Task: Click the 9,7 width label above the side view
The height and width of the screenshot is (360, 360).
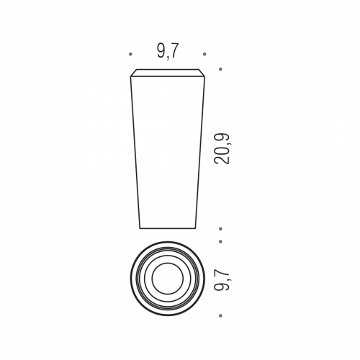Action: tap(168, 51)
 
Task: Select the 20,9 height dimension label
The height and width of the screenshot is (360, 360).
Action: tap(222, 149)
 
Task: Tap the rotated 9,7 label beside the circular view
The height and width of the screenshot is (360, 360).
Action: tap(222, 279)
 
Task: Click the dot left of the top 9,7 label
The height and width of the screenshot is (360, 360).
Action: tap(130, 54)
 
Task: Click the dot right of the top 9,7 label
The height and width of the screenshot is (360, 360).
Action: tap(204, 54)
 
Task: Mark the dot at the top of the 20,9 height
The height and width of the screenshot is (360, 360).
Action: tap(220, 69)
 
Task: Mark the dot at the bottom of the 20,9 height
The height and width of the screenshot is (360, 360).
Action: tap(220, 229)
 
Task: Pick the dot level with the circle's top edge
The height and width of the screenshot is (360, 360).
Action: tap(220, 241)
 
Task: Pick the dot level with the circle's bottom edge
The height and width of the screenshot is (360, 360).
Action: tap(220, 315)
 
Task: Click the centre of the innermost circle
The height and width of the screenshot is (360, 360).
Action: tap(168, 279)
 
